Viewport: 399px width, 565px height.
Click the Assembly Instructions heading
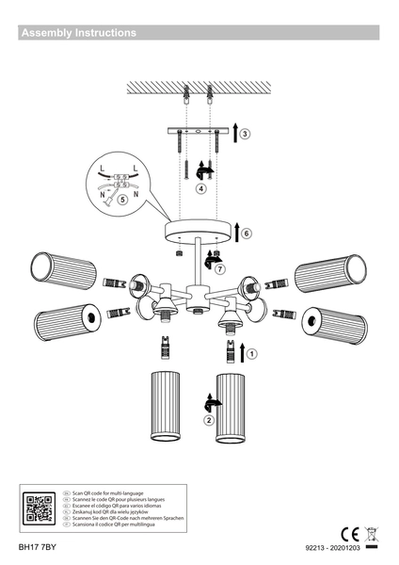pos(78,33)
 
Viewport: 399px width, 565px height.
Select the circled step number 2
pos(208,420)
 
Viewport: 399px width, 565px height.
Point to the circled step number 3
pos(245,134)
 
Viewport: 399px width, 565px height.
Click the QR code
pos(38,508)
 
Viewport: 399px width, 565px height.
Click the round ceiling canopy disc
pos(200,231)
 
